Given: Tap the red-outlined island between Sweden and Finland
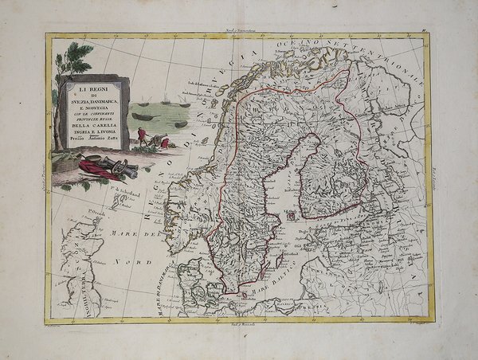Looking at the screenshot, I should click(x=292, y=213).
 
